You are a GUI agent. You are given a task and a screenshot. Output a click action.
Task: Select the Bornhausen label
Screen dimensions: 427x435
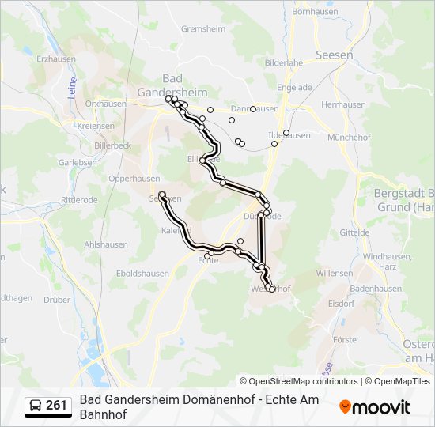(315, 12)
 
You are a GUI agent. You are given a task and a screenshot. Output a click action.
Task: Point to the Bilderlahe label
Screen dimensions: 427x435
(284, 62)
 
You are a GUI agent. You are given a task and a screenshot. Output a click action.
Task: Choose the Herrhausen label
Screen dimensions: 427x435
(343, 104)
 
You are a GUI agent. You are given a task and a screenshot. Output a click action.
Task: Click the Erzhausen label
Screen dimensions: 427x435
(55, 59)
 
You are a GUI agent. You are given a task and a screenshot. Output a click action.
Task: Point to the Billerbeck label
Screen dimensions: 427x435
(112, 146)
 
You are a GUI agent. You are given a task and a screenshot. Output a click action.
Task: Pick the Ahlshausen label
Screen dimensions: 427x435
(105, 245)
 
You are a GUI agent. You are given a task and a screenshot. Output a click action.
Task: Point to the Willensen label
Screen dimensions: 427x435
(334, 273)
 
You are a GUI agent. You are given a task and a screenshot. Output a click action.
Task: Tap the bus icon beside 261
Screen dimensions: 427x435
(36, 406)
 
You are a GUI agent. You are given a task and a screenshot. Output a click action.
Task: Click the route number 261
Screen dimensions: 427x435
(57, 406)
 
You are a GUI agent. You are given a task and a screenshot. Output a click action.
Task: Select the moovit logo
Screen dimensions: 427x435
(375, 407)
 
